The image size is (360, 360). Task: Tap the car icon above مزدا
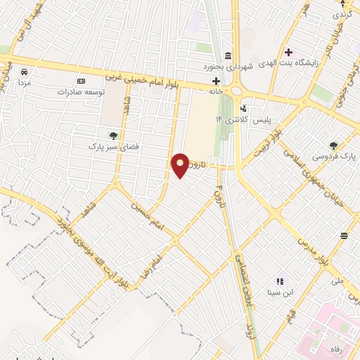click(24, 72)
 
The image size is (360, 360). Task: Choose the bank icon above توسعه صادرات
click(81, 81)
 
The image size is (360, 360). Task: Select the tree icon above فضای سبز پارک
click(113, 135)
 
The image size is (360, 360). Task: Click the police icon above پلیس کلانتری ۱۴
click(243, 109)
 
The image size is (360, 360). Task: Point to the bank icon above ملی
click(344, 236)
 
